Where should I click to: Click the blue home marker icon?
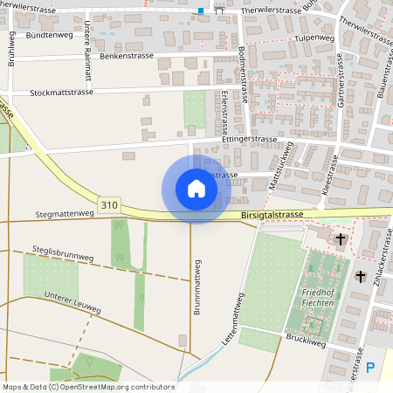pyautogui.click(x=196, y=189)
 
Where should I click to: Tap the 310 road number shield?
pyautogui.click(x=108, y=205)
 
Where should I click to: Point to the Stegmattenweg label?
pyautogui.click(x=64, y=212)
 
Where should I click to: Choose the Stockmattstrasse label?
pyautogui.click(x=61, y=92)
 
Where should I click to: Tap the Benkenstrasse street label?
pyautogui.click(x=127, y=56)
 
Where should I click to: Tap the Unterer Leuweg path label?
pyautogui.click(x=73, y=303)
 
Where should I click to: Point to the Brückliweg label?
pyautogui.click(x=306, y=341)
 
